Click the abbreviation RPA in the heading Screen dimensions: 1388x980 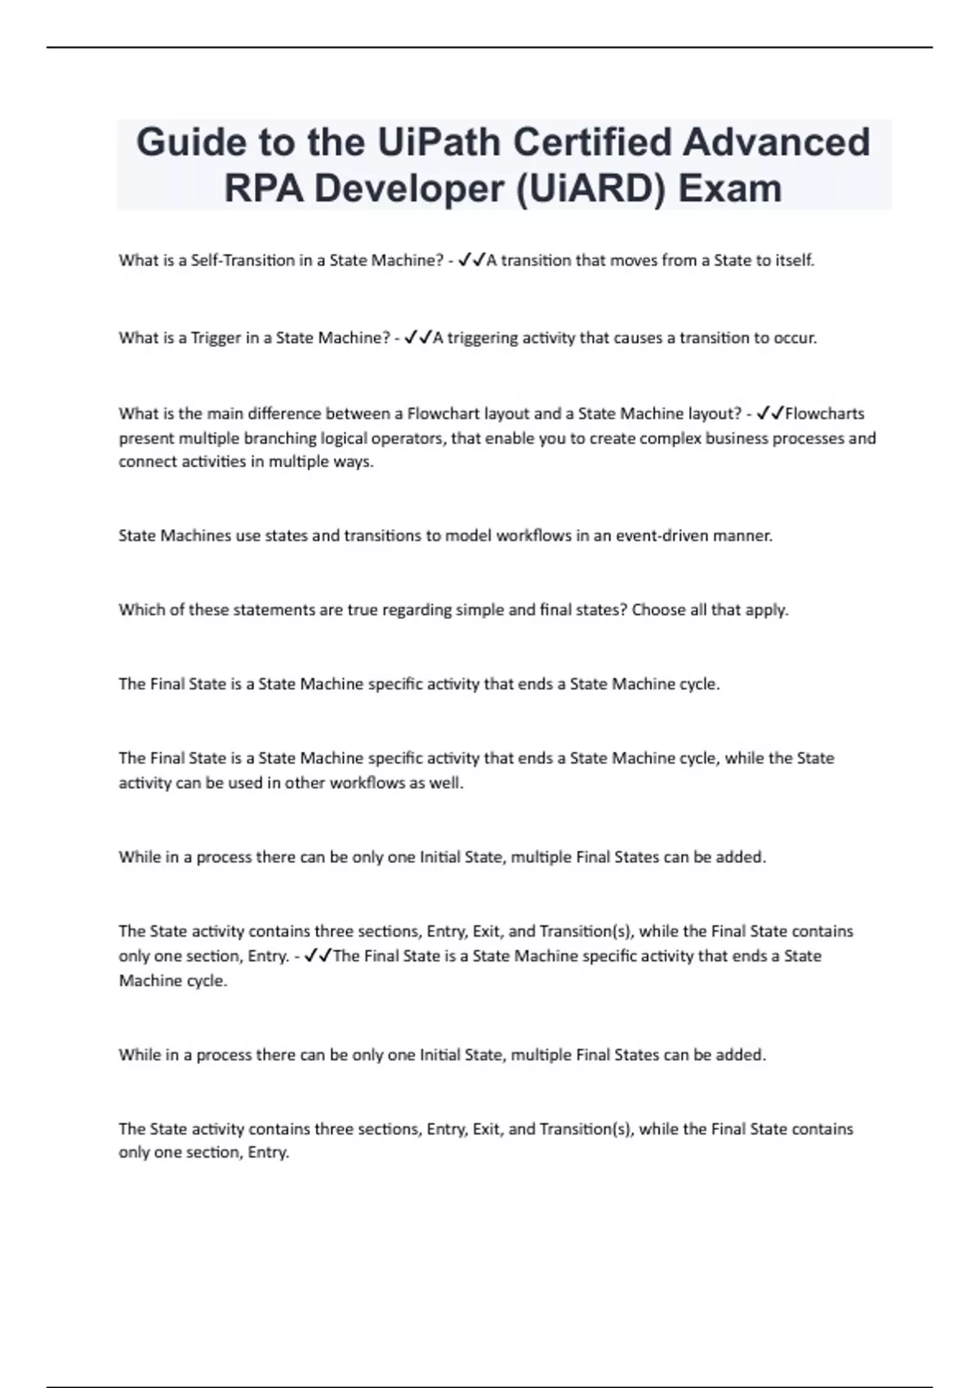(x=262, y=189)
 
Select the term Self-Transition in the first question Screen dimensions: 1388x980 (x=243, y=260)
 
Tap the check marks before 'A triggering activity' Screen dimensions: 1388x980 (x=418, y=337)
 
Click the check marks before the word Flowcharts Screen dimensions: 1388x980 (x=770, y=413)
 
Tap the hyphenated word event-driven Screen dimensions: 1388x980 (x=661, y=536)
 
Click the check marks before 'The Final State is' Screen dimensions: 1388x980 (x=318, y=955)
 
